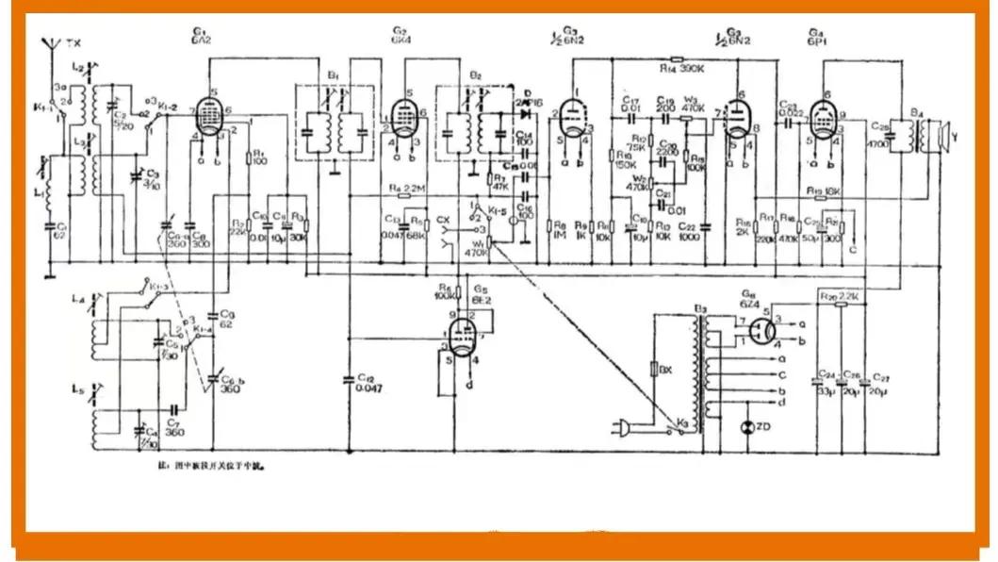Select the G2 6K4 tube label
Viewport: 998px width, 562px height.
tap(400, 36)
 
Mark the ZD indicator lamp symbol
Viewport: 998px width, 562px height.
tap(749, 427)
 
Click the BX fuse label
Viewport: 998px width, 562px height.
tap(666, 368)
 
